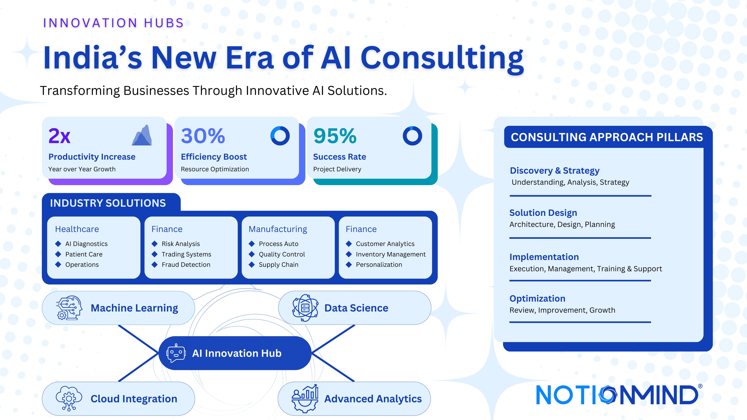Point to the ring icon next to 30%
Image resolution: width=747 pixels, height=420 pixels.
pos(280,136)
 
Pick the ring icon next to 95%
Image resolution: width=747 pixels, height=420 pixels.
pos(412,136)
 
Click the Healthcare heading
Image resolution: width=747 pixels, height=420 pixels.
pos(77,229)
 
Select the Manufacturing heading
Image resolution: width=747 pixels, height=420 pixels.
pos(278,229)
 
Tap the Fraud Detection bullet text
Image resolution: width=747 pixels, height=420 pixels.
pos(186,265)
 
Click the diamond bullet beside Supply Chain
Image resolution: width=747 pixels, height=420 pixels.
pos(252,265)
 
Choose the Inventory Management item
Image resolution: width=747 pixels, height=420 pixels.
pos(391,254)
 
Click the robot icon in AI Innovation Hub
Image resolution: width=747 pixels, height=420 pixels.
pos(176,353)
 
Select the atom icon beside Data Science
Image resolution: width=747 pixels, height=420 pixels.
pos(305,308)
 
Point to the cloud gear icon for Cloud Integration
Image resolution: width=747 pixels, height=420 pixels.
pos(69,399)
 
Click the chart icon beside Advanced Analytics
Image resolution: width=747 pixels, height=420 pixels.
pos(305,399)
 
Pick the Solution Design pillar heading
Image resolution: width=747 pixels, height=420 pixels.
pos(543,213)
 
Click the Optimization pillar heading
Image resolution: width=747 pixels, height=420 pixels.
pos(537,298)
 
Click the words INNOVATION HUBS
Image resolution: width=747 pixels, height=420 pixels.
pos(113,23)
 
